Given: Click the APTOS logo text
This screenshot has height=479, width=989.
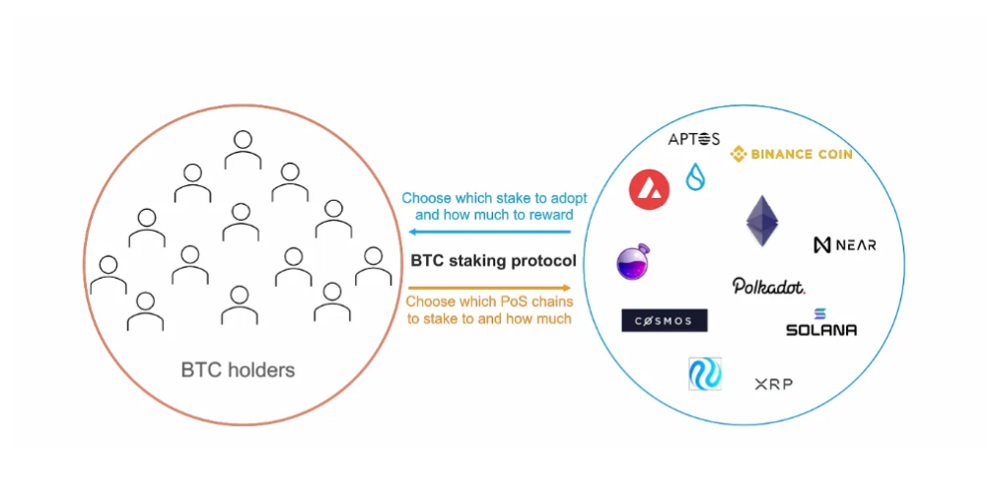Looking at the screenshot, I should [x=693, y=139].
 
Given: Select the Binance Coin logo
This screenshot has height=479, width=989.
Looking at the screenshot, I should [x=791, y=154].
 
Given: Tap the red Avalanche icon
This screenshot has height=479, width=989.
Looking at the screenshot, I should [x=649, y=188].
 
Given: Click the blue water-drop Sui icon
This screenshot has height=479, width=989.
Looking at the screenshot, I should [x=695, y=176].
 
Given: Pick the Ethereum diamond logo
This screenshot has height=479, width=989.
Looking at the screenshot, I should [x=762, y=220].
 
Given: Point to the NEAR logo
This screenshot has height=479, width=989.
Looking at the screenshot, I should [x=844, y=244].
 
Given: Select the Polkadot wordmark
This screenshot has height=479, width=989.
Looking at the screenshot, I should [x=768, y=286].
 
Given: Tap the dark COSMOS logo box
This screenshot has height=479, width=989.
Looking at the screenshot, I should [x=664, y=320].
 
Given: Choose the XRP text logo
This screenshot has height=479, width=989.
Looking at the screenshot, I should [x=773, y=383].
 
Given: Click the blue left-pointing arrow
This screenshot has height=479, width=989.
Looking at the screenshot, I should [x=490, y=233].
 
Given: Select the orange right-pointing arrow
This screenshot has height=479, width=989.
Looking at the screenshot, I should [x=490, y=288].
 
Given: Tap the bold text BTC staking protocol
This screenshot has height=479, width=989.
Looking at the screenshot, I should [x=493, y=261].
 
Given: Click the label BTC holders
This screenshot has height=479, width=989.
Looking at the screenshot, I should [x=238, y=371].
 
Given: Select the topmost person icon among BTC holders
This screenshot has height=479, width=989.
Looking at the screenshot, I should [x=242, y=149].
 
